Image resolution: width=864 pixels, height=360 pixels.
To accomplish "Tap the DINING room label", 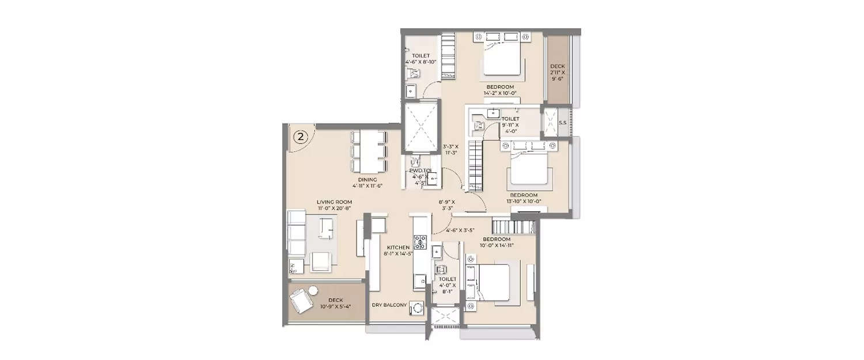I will click(367, 179).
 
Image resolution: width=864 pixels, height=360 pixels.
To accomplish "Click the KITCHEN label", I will click(397, 247).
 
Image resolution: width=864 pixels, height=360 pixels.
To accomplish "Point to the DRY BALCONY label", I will click(389, 305).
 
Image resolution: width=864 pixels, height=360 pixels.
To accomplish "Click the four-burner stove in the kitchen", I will click(420, 242).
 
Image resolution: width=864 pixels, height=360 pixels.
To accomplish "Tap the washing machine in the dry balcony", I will click(415, 309).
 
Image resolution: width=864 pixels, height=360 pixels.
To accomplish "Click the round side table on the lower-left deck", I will click(313, 290).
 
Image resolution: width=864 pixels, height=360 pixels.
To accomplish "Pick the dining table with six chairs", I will click(369, 151).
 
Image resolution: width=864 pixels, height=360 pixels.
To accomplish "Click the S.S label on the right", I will click(562, 122).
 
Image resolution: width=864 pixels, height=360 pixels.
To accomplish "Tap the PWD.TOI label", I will click(421, 171).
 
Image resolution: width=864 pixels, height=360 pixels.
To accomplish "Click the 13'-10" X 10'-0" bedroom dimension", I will click(524, 201).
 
